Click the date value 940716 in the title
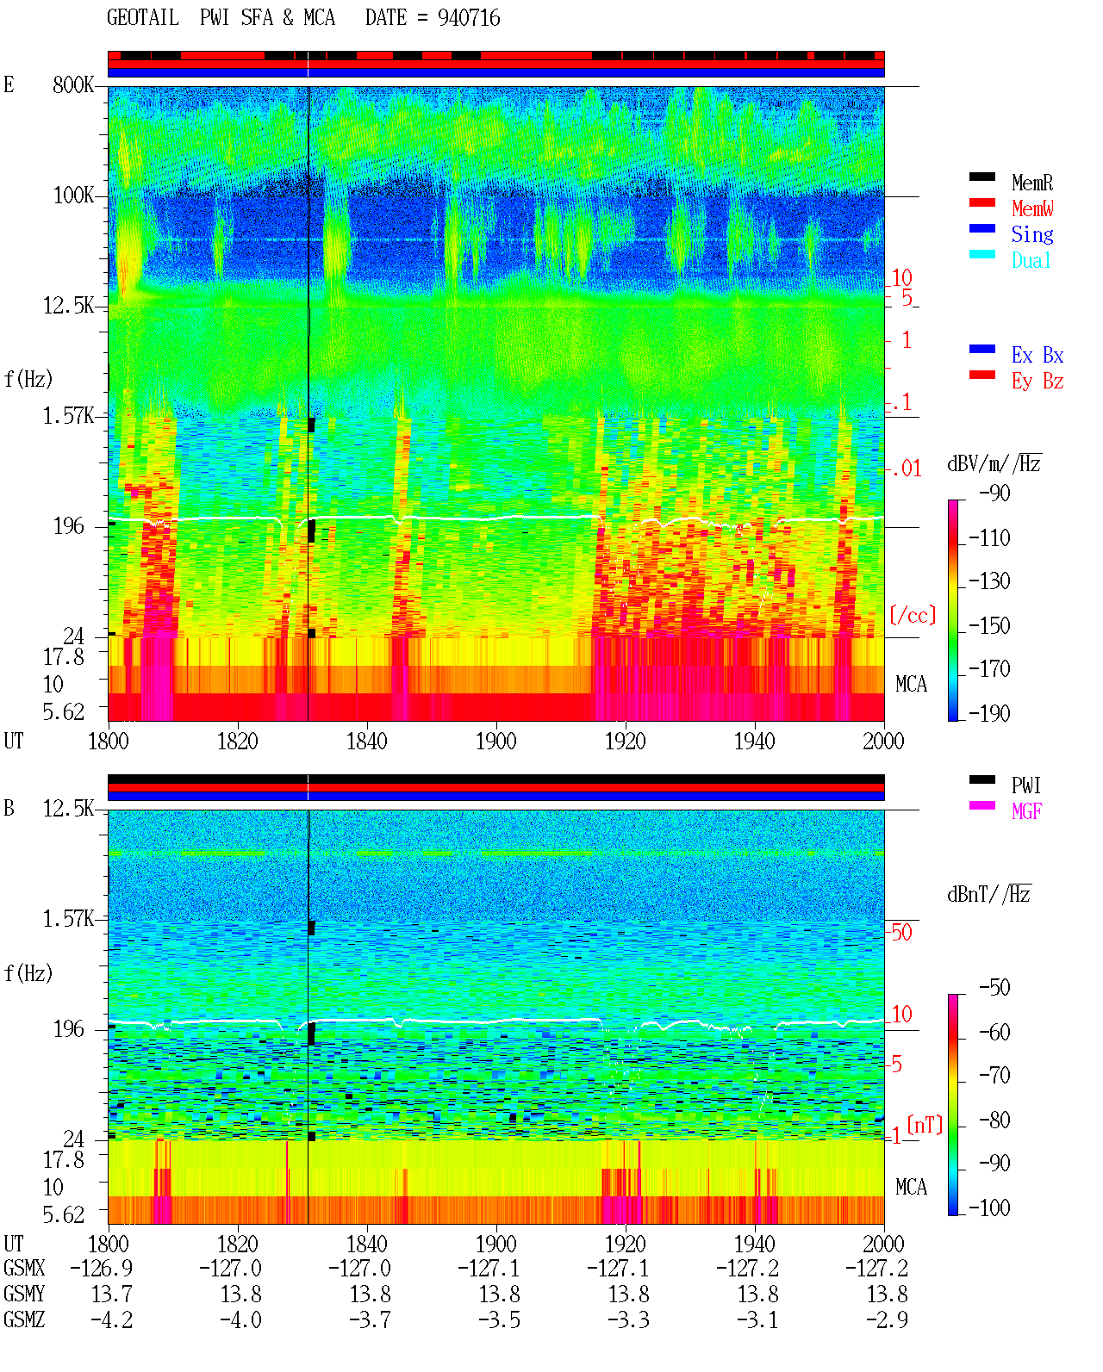(x=468, y=18)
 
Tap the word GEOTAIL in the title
(x=143, y=18)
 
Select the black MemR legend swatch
(x=981, y=177)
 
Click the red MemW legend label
(x=1032, y=208)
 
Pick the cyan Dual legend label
(x=1031, y=260)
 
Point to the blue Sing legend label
(x=1032, y=234)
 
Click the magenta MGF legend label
(x=1026, y=811)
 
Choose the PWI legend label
(x=1025, y=785)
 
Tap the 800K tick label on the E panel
(x=73, y=84)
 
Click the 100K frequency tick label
(x=73, y=196)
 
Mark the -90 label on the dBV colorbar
(x=994, y=493)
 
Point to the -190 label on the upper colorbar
(x=989, y=713)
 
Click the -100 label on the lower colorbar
(x=989, y=1207)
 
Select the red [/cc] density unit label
(x=913, y=615)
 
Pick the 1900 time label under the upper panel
(x=495, y=742)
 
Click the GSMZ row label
(x=24, y=1319)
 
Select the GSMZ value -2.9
(x=887, y=1319)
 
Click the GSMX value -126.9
(x=101, y=1268)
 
